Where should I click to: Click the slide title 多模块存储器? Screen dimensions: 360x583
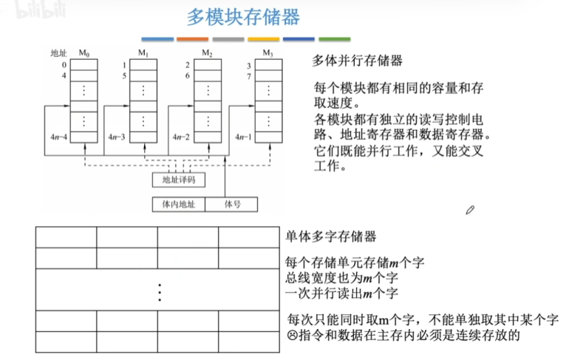(x=242, y=18)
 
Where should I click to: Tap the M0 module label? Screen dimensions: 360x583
(x=83, y=52)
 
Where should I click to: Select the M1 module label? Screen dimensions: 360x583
(x=143, y=52)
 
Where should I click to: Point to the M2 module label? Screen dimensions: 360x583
(x=207, y=52)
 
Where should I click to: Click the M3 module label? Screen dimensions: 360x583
(x=267, y=52)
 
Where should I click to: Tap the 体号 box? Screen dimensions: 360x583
(x=233, y=203)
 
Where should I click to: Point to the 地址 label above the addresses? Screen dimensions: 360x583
(x=58, y=53)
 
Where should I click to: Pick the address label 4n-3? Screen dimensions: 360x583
(x=117, y=137)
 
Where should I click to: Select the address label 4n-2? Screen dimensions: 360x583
(x=181, y=137)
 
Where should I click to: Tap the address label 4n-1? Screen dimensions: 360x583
(x=242, y=137)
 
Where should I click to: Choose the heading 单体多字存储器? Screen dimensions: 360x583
(x=331, y=237)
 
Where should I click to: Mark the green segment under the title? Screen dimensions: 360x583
(x=335, y=38)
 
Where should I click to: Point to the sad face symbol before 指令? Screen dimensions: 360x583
(x=292, y=335)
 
